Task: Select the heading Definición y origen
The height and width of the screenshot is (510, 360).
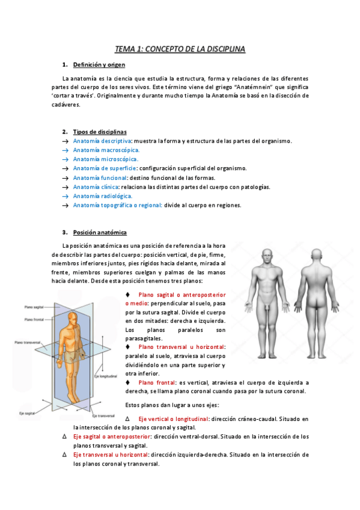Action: click(x=99, y=65)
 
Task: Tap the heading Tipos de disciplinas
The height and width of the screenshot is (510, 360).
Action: click(x=100, y=131)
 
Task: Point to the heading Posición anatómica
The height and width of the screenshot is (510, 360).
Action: click(x=100, y=232)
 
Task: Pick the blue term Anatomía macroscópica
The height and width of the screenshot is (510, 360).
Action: click(x=106, y=150)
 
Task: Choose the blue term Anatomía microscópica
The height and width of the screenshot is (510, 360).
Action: click(x=106, y=159)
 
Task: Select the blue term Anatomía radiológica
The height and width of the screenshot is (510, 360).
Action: click(x=103, y=196)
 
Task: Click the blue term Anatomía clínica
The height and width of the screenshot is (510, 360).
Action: click(x=96, y=187)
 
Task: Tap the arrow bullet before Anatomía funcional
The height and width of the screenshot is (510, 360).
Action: click(x=66, y=178)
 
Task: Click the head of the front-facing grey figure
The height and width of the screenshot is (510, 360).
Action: click(x=262, y=256)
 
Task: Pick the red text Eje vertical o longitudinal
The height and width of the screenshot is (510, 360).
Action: click(x=174, y=419)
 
